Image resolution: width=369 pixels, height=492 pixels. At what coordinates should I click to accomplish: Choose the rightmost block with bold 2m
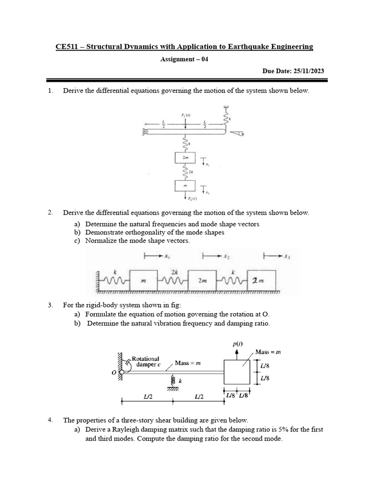click(262, 280)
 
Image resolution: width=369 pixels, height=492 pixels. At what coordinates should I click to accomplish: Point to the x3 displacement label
click(286, 257)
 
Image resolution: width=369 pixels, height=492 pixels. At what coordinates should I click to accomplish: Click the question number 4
click(50, 420)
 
